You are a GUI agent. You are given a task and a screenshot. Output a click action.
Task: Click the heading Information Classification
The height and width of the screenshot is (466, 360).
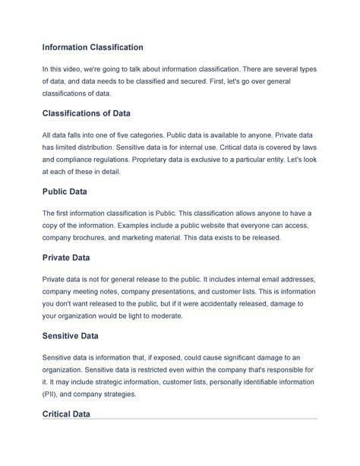coord(92,47)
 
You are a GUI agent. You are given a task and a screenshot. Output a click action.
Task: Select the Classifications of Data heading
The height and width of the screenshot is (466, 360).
coord(87,113)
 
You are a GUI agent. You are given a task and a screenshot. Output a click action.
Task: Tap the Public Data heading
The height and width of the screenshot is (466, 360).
coord(67,192)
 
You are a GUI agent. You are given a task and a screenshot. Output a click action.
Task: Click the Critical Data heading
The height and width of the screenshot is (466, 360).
coord(67,414)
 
